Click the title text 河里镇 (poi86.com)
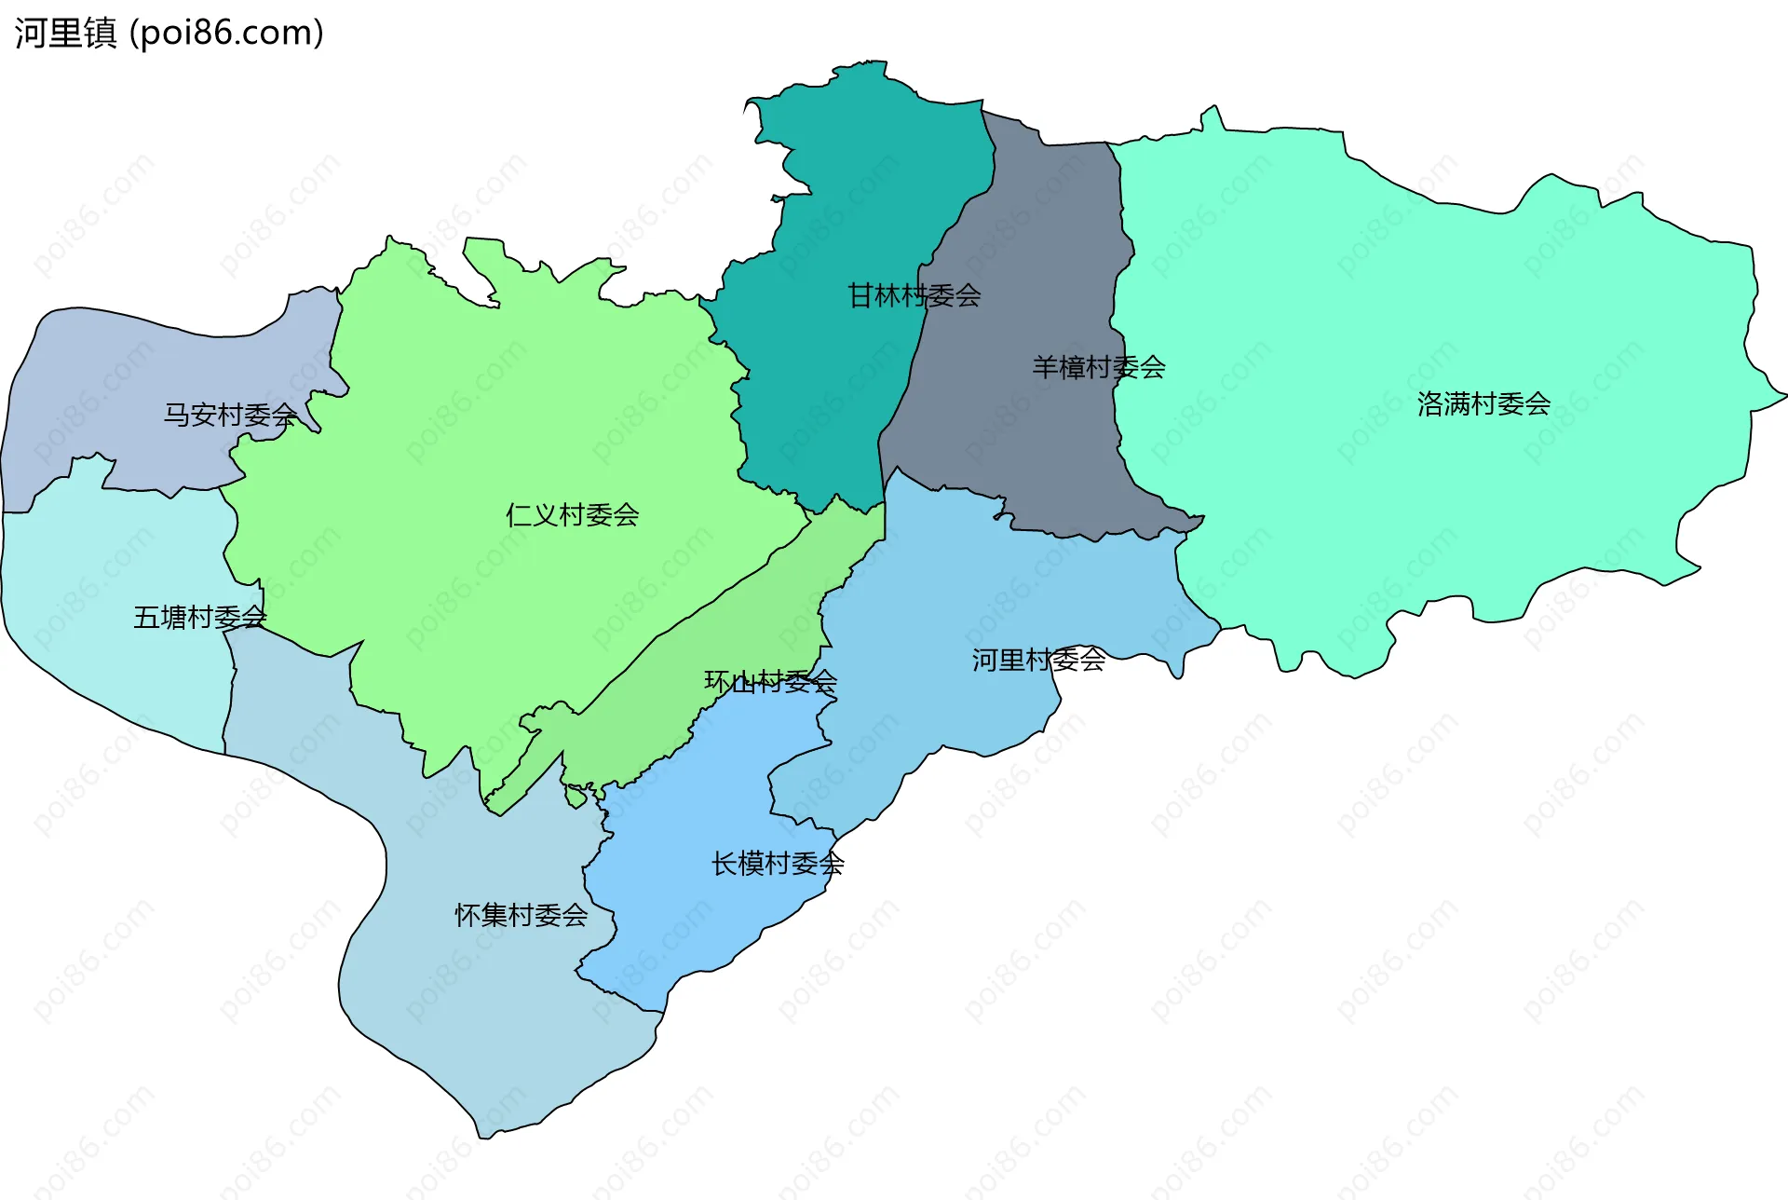click(169, 33)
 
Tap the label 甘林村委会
click(914, 296)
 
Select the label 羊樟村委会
click(1098, 367)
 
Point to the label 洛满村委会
click(1483, 404)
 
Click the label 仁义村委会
click(572, 515)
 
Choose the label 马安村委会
click(230, 415)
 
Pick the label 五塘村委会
click(199, 618)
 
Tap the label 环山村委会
click(770, 682)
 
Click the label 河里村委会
click(1038, 661)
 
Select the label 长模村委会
click(778, 864)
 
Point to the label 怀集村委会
click(521, 916)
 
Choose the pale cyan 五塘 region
click(112, 578)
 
